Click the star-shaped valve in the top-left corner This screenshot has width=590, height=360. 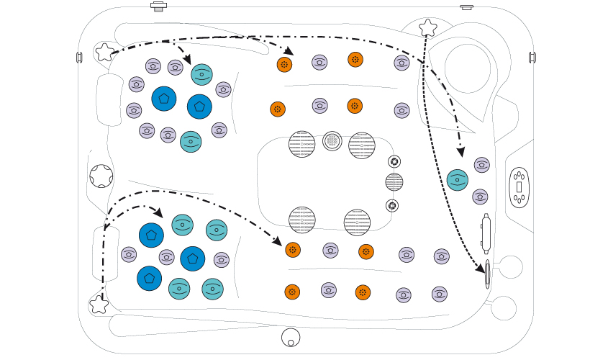tap(104, 52)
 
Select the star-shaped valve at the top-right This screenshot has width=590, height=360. tap(428, 28)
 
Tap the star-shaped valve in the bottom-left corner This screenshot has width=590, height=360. tap(99, 305)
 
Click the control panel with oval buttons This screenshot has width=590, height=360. tap(519, 186)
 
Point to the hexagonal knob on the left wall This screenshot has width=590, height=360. tap(101, 175)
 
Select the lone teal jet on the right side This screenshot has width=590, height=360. tap(458, 180)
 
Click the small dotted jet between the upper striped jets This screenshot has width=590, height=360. tap(332, 140)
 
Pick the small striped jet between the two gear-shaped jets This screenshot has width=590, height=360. tap(394, 182)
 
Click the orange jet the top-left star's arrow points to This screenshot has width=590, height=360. tap(284, 65)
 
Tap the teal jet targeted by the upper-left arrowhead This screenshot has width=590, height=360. tap(201, 74)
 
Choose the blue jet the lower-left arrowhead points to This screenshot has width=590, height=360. tap(151, 235)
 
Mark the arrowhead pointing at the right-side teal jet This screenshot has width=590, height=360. tap(460, 151)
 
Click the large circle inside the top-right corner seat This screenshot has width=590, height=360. tap(467, 68)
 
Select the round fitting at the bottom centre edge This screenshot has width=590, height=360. tap(291, 336)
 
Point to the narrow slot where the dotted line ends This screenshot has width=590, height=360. tap(488, 274)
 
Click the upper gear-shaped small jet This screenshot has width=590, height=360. tap(394, 161)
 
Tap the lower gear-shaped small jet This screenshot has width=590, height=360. tap(391, 206)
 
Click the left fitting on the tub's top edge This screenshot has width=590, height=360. tap(158, 7)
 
